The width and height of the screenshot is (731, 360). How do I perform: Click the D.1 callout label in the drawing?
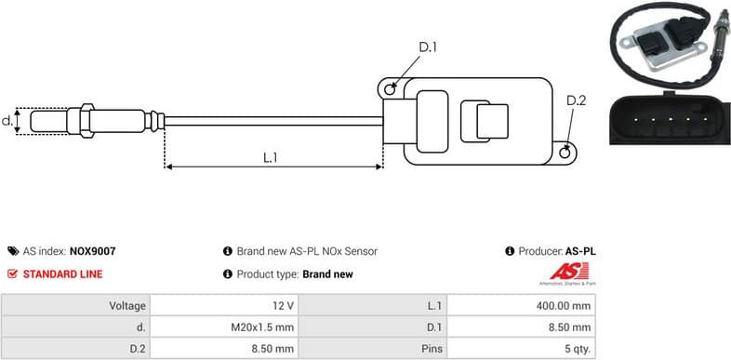428,47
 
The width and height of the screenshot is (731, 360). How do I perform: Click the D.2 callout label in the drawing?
576,101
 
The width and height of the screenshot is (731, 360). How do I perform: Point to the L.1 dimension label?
271,157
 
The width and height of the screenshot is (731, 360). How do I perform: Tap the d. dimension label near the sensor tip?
7,120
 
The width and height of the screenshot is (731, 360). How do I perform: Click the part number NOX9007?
93,251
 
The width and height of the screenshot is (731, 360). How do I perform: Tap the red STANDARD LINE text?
62,274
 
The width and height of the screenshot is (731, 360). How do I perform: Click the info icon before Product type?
227,274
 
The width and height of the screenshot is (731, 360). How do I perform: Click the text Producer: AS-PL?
557,251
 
